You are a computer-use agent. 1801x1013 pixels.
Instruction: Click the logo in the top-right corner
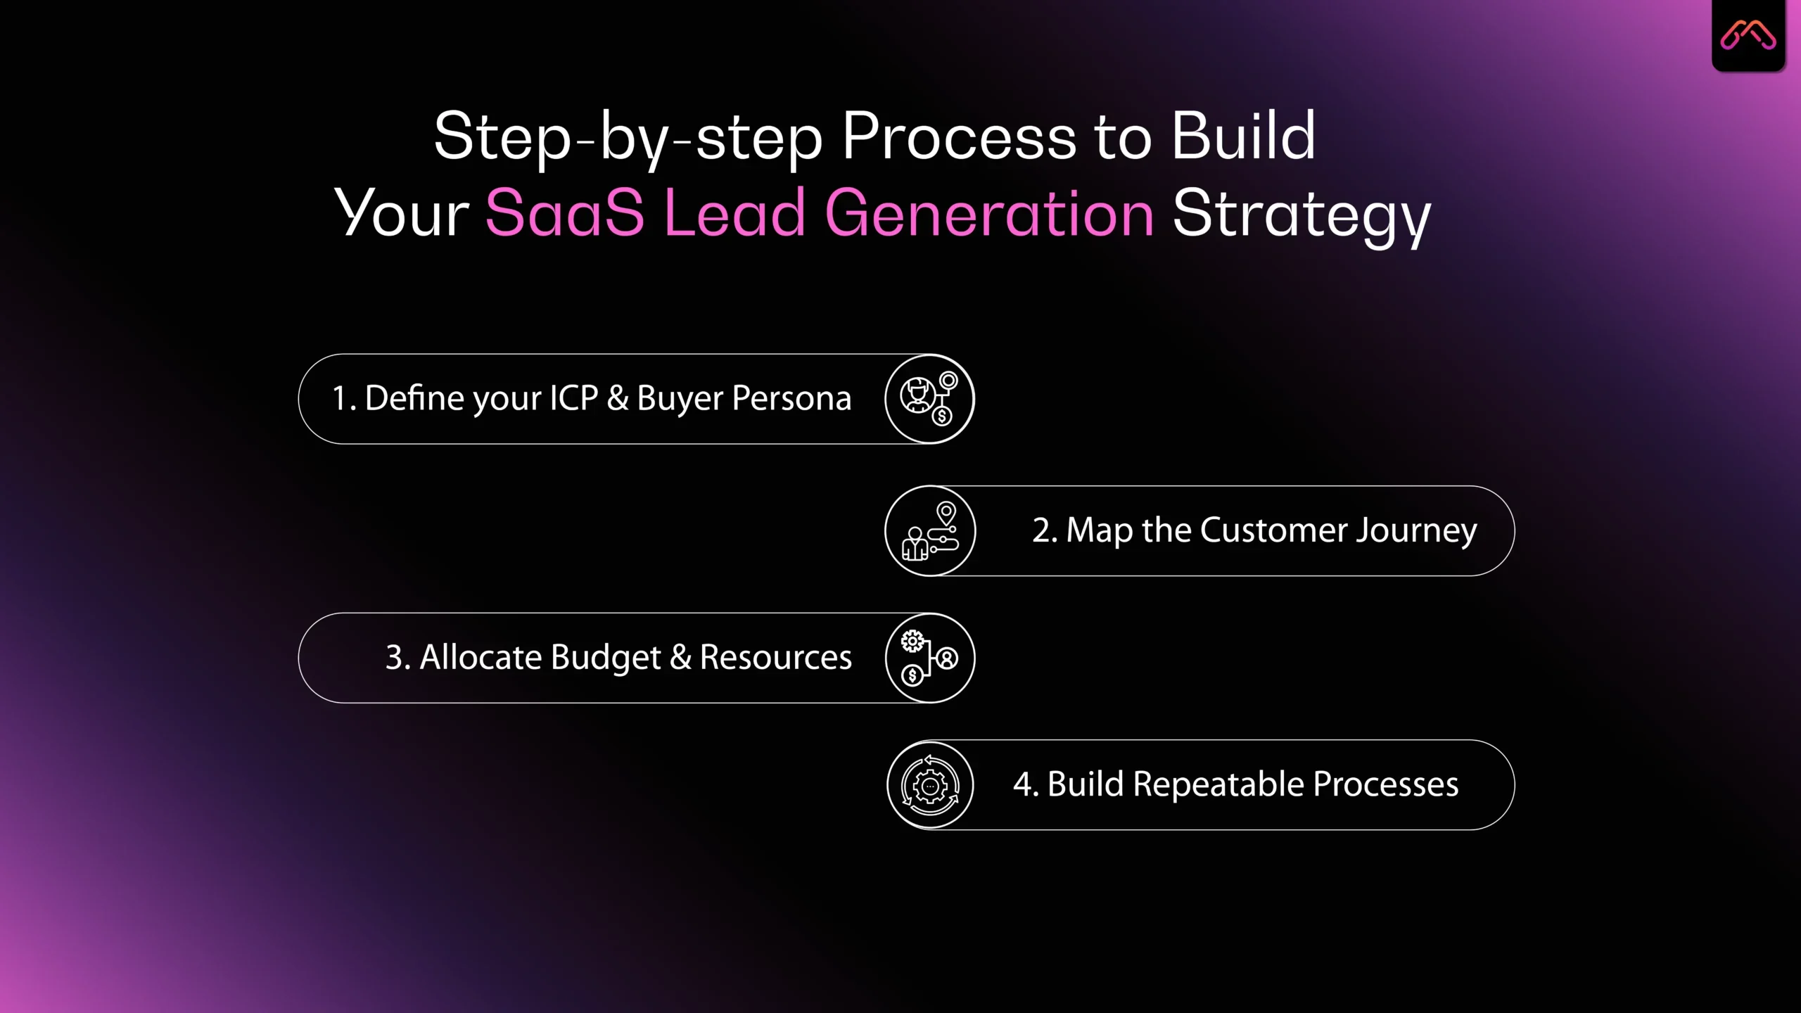[x=1748, y=35]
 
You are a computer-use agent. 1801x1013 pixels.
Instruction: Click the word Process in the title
[x=958, y=136]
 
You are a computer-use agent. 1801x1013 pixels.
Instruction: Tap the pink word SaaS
[x=564, y=213]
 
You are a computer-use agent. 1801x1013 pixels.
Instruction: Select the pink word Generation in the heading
[x=988, y=213]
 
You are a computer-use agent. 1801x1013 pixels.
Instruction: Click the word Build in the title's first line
[x=1243, y=136]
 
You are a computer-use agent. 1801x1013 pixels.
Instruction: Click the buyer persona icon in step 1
[x=929, y=399]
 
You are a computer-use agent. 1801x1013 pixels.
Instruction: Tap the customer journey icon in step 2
[x=930, y=531]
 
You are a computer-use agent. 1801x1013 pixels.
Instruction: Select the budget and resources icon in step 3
[x=929, y=658]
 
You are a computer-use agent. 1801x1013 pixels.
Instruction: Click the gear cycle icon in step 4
[x=930, y=785]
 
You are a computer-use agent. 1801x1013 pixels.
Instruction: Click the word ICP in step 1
[x=573, y=398]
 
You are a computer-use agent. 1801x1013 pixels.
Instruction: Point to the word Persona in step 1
[x=791, y=398]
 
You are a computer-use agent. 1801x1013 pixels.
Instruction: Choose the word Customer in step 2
[x=1273, y=530]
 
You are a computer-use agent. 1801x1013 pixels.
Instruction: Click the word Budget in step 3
[x=606, y=658]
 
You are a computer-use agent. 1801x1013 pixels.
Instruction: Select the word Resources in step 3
[x=775, y=658]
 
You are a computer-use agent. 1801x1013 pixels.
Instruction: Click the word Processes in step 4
[x=1385, y=784]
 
